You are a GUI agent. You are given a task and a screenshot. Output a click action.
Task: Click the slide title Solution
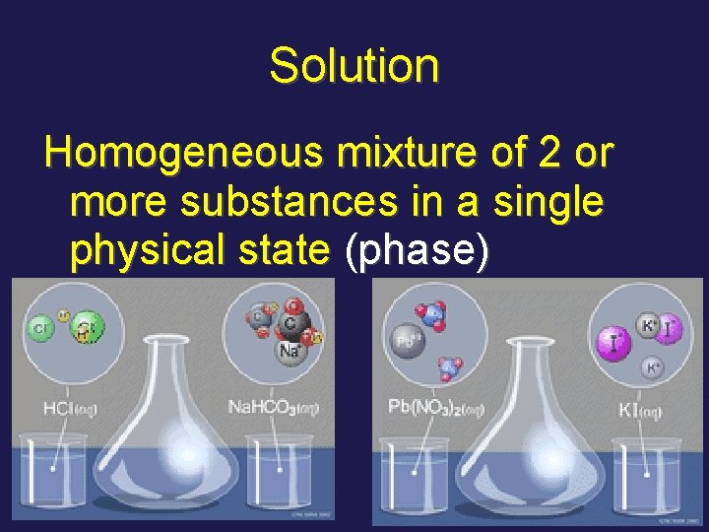(x=354, y=66)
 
